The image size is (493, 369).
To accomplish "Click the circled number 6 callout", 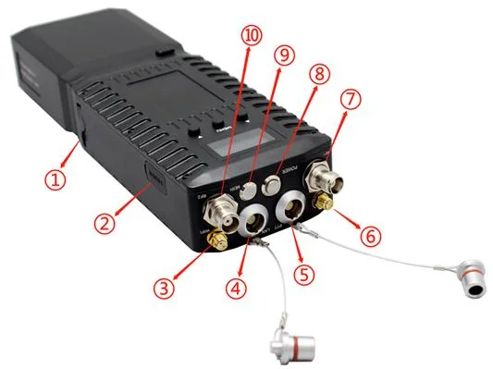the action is pyautogui.click(x=370, y=235).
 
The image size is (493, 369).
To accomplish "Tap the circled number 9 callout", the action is pyautogui.click(x=285, y=55).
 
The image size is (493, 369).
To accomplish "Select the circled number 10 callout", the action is pyautogui.click(x=251, y=37).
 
